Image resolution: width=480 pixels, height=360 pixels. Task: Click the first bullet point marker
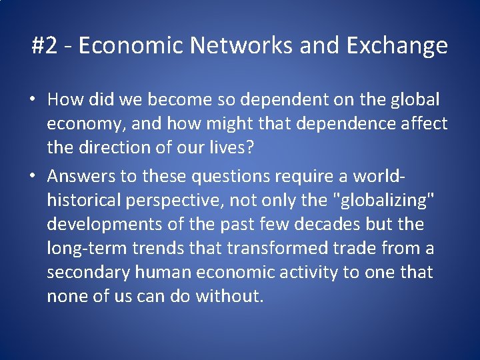(32, 101)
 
